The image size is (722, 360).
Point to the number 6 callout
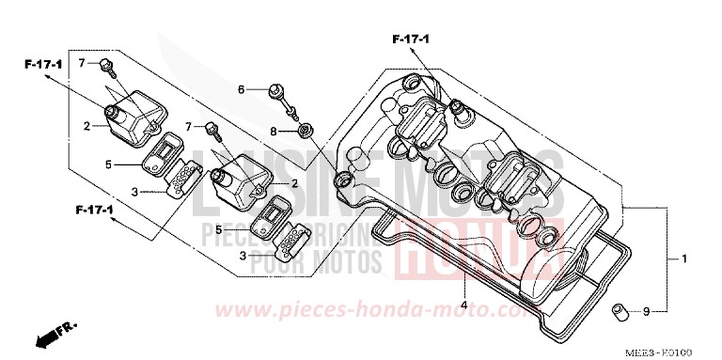(x=241, y=89)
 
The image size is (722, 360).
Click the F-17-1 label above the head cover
(x=410, y=39)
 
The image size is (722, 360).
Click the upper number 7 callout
(x=82, y=63)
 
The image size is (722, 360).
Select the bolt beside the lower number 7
(x=211, y=129)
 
